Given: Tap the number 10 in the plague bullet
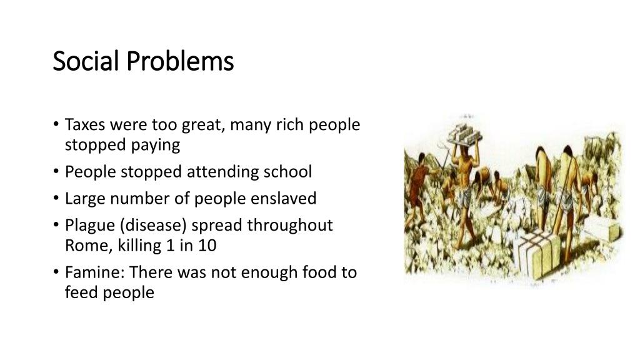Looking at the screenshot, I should (x=207, y=246).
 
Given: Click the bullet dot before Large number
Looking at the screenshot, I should (x=56, y=199).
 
